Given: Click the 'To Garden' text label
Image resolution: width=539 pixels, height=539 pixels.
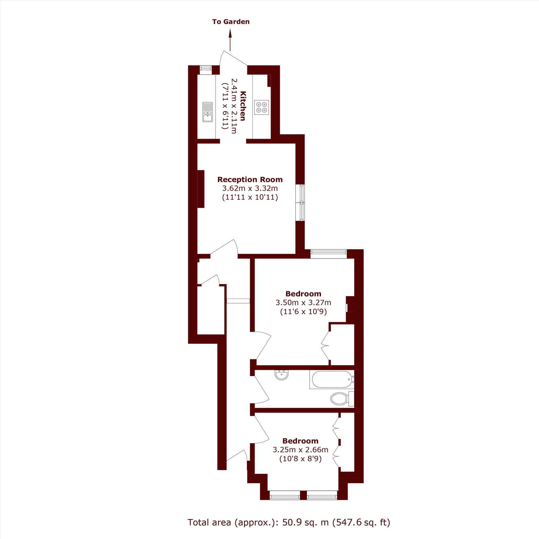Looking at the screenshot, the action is pos(231,22).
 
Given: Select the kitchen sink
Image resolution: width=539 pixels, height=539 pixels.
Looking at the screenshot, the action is pos(208,112).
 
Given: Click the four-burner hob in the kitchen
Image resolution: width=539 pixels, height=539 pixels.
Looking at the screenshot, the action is pos(261,108).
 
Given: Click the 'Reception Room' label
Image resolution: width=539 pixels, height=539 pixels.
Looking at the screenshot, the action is pos(250,179).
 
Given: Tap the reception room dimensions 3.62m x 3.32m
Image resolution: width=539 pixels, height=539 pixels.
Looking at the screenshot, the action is pos(250,188).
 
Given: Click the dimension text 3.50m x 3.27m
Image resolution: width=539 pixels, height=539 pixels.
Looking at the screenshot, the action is pos(303,302).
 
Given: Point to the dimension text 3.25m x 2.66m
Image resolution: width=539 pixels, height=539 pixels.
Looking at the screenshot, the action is pos(300,450).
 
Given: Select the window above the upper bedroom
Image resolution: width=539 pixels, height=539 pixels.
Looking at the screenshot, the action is pos(329,254).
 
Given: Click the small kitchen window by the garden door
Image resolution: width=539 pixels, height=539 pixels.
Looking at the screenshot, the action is pos(206,70).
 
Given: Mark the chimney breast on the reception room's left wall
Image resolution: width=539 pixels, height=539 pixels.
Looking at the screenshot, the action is pos(201,189).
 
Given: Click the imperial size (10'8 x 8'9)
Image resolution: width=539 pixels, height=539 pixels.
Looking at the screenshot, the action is pos(300,459).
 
